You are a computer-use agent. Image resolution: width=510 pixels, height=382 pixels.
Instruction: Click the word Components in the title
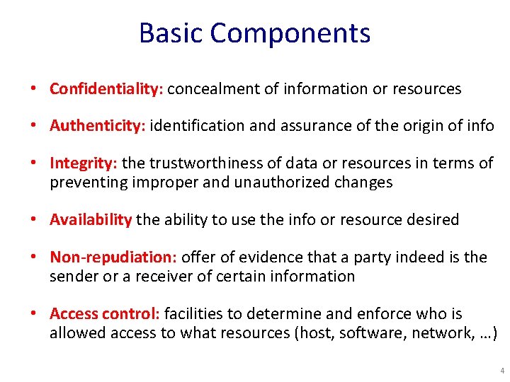[x=290, y=33]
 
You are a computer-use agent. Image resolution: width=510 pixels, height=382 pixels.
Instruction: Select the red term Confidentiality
[x=106, y=89]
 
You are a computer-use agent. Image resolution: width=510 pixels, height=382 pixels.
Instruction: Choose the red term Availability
[x=91, y=220]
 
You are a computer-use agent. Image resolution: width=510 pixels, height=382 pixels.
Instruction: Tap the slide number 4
[x=502, y=371]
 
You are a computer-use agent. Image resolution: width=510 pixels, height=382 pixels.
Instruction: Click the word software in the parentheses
[x=367, y=332]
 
